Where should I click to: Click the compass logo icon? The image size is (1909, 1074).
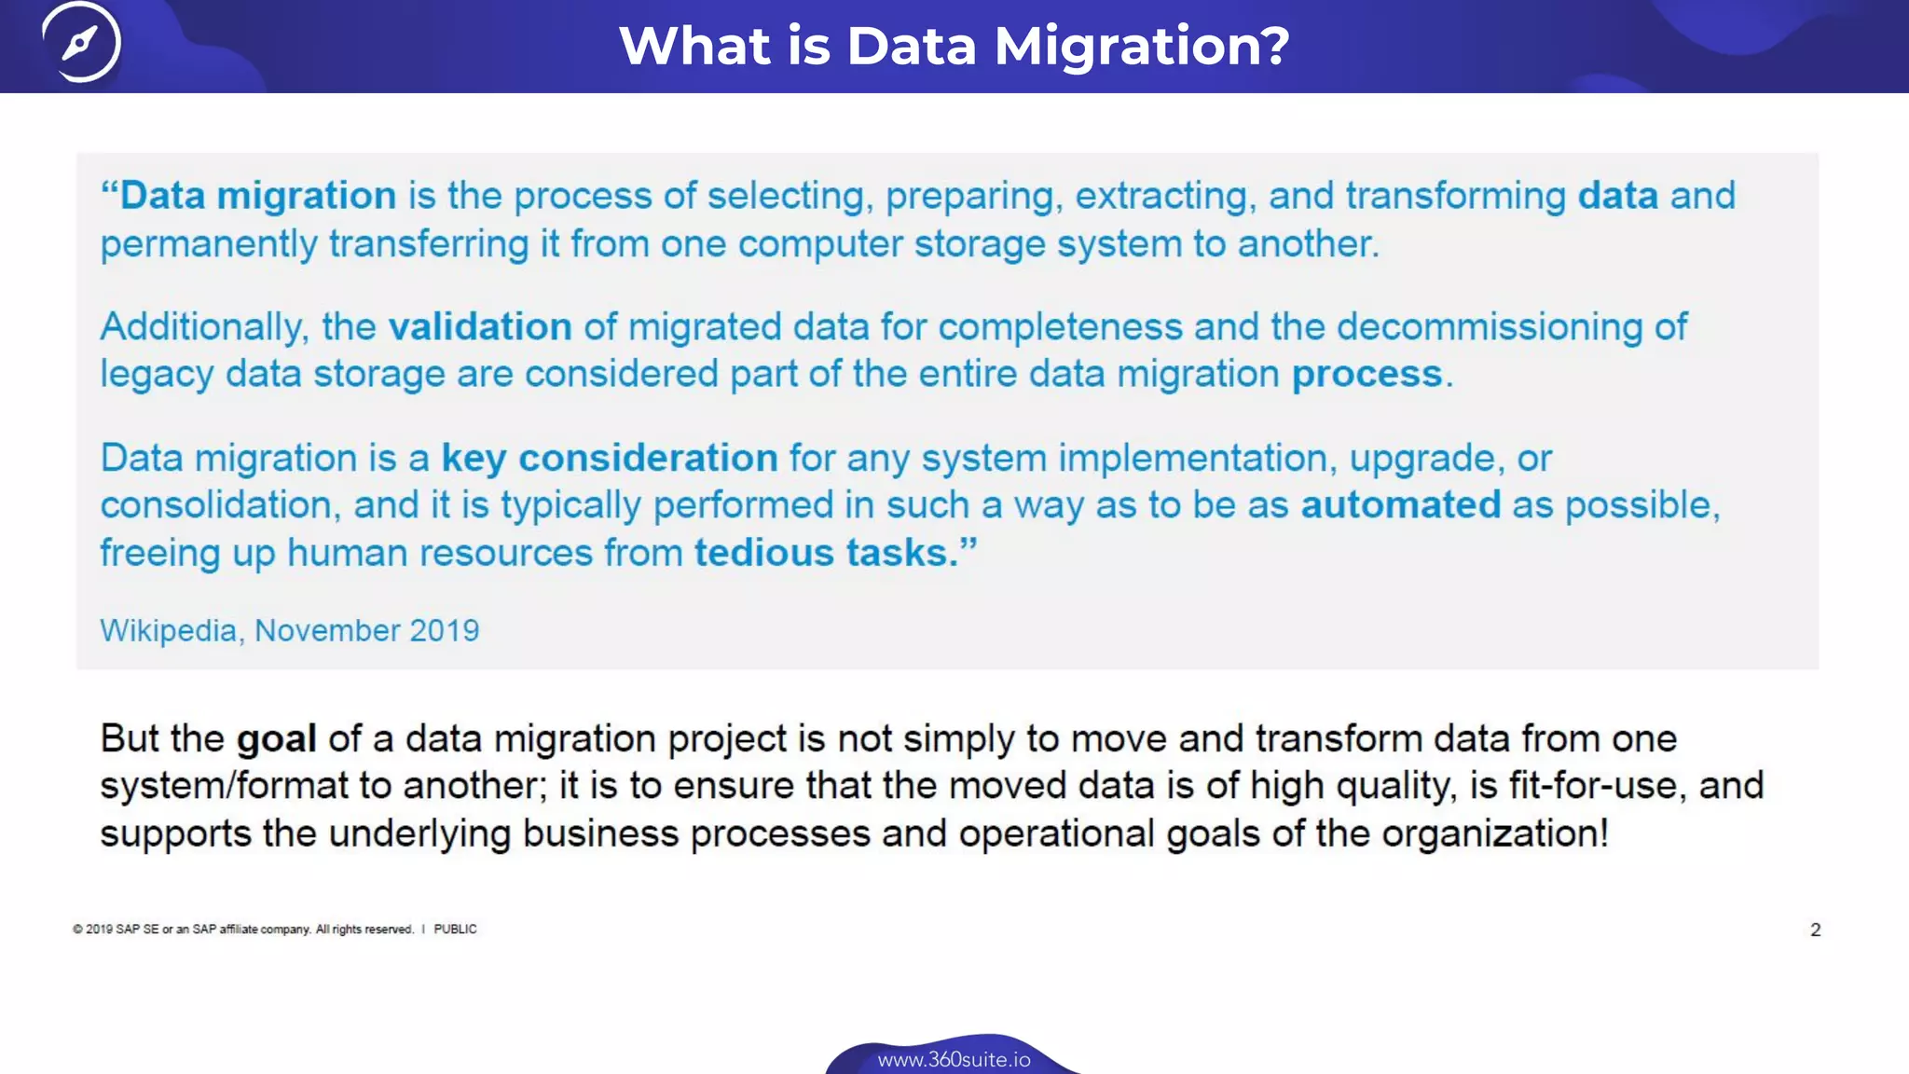tap(81, 42)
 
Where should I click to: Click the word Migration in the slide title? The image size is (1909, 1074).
tap(1142, 46)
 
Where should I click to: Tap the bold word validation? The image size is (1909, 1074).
tap(480, 327)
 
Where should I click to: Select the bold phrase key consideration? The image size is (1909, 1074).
tap(610, 459)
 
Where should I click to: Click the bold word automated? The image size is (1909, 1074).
tap(1400, 505)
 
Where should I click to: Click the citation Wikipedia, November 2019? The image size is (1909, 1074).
tap(289, 631)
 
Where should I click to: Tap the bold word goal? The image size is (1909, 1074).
tap(276, 738)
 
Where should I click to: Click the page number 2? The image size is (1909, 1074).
tap(1815, 929)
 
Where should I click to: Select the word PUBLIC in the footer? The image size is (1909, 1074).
tap(455, 929)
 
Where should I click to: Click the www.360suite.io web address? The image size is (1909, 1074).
tap(954, 1060)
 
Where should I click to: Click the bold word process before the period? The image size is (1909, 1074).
tap(1367, 375)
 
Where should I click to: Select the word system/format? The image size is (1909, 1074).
tap(224, 786)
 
